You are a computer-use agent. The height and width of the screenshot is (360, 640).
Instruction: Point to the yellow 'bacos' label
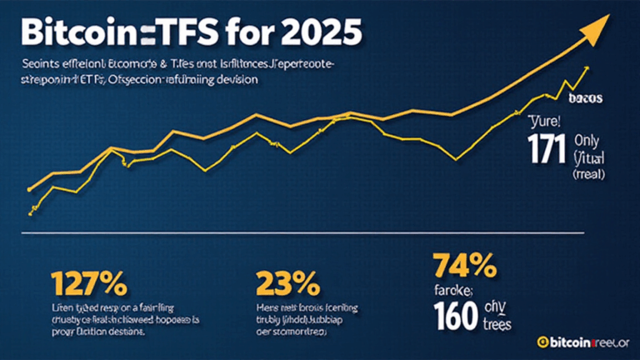[x=587, y=98]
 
